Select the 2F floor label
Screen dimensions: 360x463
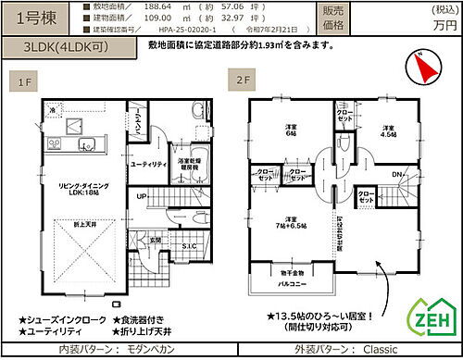[x=244, y=81]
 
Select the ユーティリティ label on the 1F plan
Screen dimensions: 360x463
[x=146, y=164]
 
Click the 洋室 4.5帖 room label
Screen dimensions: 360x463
[x=387, y=130]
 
